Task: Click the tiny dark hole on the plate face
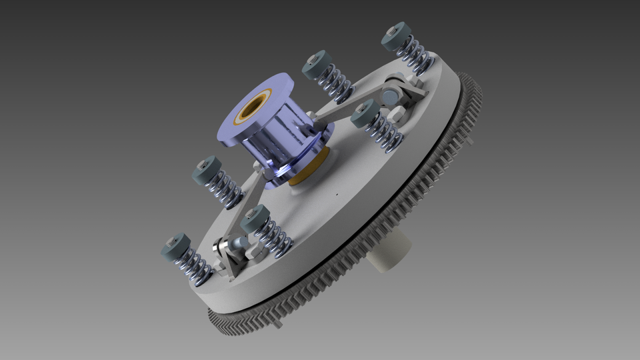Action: [x=337, y=195]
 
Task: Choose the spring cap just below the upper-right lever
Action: [x=363, y=113]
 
